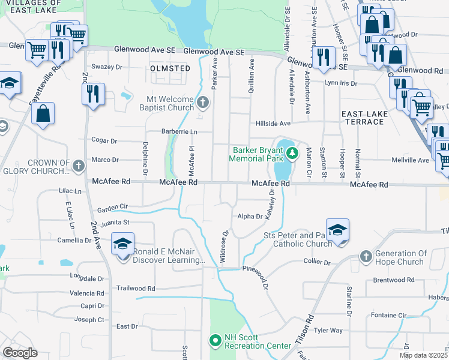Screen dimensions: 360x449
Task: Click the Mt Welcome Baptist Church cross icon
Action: pos(203,103)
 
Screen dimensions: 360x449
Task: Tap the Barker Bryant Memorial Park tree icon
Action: pos(292,153)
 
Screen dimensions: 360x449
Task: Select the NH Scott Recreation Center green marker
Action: pos(215,341)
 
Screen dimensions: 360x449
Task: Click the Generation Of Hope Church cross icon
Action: pos(367,257)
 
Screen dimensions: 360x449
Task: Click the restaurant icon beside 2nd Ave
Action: pos(93,94)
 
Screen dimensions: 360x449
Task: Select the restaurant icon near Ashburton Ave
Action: pos(323,57)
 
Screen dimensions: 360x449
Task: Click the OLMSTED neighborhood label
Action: pos(170,68)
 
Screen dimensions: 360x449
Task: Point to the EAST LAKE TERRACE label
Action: pos(362,118)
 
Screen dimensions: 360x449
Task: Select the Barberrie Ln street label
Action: pos(179,131)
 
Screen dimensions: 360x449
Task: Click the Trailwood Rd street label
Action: pos(136,288)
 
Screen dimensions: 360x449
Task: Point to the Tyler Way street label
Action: pos(328,330)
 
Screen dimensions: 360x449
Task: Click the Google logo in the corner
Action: pos(20,353)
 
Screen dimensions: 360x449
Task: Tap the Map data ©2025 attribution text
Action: pos(423,355)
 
